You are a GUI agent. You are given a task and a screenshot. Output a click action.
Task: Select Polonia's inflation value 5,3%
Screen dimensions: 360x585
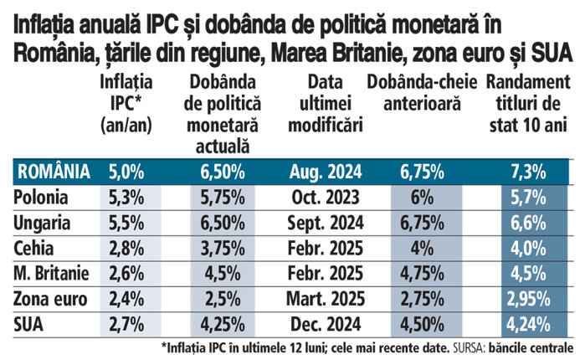tap(126, 198)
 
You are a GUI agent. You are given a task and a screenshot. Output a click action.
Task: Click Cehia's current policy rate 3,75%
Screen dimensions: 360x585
tap(223, 249)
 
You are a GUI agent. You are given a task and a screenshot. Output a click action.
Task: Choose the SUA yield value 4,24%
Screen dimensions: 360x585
tap(527, 323)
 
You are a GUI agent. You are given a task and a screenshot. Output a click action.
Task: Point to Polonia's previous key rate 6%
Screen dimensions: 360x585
tap(422, 198)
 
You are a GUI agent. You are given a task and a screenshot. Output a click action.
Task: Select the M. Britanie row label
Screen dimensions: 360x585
tap(52, 274)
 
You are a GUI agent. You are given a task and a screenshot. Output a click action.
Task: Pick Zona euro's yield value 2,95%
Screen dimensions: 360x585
tap(527, 299)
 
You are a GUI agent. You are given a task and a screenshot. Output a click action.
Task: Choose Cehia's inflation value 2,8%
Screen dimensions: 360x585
tap(126, 249)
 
